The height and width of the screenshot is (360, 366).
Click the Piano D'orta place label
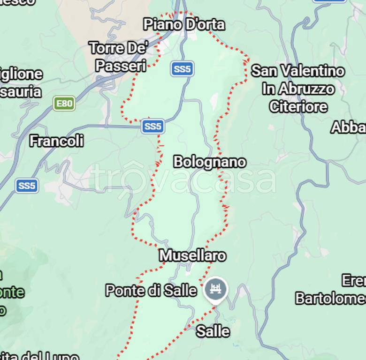click(184, 24)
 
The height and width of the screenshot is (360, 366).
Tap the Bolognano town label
click(210, 162)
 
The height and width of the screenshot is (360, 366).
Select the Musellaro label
click(192, 255)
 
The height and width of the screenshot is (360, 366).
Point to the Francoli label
click(57, 141)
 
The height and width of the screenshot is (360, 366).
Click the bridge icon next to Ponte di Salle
click(216, 290)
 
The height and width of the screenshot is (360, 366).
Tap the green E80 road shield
click(64, 104)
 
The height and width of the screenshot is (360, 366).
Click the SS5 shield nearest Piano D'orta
click(182, 69)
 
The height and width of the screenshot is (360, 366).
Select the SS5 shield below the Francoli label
click(27, 186)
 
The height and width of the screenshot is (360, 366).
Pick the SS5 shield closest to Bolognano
click(153, 126)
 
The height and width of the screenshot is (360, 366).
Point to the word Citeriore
click(298, 107)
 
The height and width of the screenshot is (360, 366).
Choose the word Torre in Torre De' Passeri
click(107, 48)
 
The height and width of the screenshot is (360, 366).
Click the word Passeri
click(121, 66)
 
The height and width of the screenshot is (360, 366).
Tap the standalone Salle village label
click(213, 331)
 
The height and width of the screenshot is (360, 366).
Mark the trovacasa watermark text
click(183, 179)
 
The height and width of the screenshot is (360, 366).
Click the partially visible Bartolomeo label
click(330, 299)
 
